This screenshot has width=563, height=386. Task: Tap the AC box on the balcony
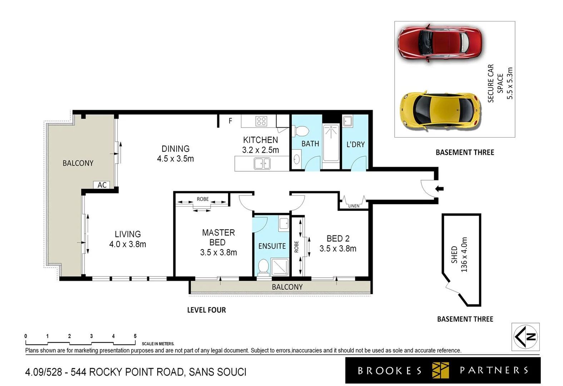click(102, 185)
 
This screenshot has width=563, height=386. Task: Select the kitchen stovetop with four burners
click(261, 121)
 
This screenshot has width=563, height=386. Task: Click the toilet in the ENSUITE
click(263, 267)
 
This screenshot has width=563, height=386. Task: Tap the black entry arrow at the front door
click(439, 189)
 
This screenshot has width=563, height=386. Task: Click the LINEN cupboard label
click(354, 206)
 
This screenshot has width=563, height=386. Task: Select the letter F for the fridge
click(230, 121)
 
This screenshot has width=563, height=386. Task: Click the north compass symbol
click(525, 337)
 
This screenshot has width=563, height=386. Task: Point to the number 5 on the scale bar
click(135, 336)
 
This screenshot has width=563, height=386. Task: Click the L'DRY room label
click(355, 144)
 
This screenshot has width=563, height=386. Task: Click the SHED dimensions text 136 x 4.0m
click(464, 254)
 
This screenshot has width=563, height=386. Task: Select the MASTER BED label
click(218, 237)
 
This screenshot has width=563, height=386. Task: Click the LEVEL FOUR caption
click(206, 310)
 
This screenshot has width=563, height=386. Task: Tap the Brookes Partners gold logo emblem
click(440, 370)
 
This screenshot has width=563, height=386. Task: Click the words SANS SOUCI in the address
click(217, 372)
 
